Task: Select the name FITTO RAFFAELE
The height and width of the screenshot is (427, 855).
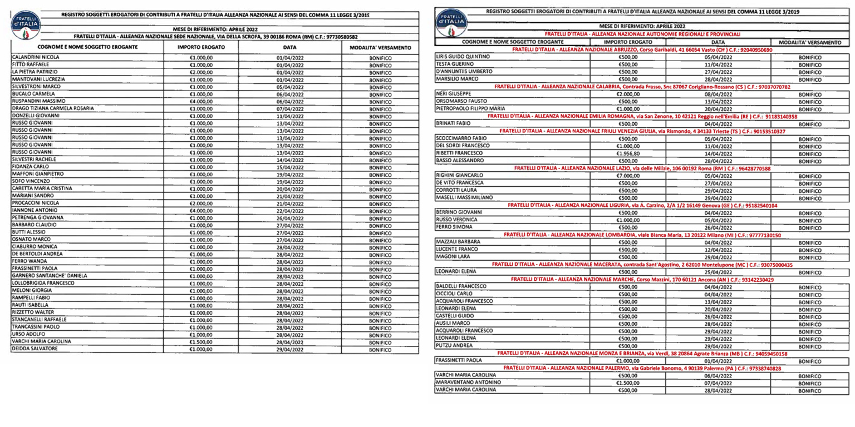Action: point(28,64)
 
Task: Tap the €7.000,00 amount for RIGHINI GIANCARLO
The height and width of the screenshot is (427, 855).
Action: point(627,175)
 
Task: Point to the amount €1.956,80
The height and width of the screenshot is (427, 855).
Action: point(627,153)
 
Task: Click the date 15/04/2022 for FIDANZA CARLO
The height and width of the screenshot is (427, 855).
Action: point(289,167)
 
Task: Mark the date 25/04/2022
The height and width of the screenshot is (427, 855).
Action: point(718,272)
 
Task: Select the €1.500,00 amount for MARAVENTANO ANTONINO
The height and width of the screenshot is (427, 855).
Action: point(627,383)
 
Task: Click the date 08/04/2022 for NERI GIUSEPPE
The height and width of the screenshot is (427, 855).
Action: point(718,94)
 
